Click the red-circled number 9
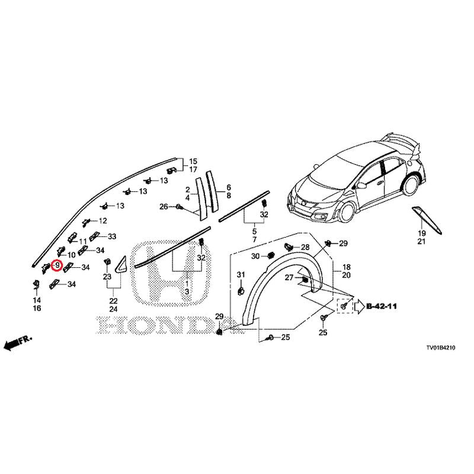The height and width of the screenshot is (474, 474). [x=57, y=265]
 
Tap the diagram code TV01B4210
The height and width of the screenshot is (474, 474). [x=440, y=348]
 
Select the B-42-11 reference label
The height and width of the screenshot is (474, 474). [x=382, y=306]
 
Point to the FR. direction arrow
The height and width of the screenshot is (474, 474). [x=18, y=342]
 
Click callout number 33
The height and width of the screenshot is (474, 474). [x=112, y=236]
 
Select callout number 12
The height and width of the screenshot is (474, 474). [x=103, y=220]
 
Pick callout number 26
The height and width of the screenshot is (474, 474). [x=164, y=207]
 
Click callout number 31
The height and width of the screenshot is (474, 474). [x=241, y=275]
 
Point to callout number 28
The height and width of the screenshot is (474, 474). [x=305, y=247]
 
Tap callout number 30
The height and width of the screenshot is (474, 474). [x=255, y=257]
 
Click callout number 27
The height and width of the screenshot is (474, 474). [x=289, y=277]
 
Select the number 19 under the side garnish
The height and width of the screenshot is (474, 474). [x=422, y=233]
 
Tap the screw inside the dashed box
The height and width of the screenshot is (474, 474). [x=343, y=306]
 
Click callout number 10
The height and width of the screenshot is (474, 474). [x=71, y=255]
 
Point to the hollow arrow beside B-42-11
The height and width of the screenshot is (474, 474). [x=359, y=306]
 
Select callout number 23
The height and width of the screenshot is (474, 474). [x=107, y=277]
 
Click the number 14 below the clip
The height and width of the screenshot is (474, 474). [x=37, y=300]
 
